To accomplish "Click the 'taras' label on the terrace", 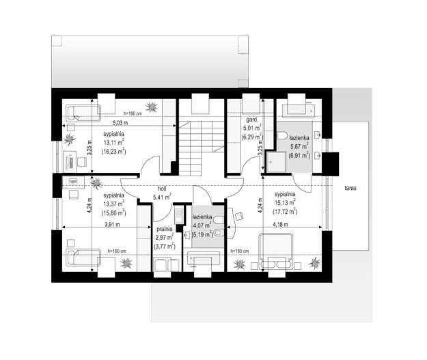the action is click(350, 188).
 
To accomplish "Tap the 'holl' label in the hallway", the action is click(162, 189).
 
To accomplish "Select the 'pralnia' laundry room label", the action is click(165, 229).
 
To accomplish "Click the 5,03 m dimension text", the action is click(120, 123).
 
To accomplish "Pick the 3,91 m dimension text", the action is click(112, 225).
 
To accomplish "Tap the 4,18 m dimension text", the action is click(281, 225).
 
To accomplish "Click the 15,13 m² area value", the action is click(285, 203).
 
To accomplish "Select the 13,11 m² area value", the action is click(114, 142).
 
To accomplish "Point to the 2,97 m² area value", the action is click(165, 238).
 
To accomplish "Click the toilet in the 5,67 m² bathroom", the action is click(282, 135).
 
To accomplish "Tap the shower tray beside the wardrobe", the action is click(276, 162).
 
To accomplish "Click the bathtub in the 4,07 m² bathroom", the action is click(203, 259).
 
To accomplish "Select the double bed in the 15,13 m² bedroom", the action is click(276, 251).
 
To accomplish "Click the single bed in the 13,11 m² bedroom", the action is click(83, 113).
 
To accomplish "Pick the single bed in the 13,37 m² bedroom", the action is click(83, 258).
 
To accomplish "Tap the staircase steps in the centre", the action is click(202, 148).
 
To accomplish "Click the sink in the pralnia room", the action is click(178, 216).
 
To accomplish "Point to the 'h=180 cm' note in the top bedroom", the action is click(133, 113).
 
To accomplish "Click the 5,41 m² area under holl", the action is click(162, 197).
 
